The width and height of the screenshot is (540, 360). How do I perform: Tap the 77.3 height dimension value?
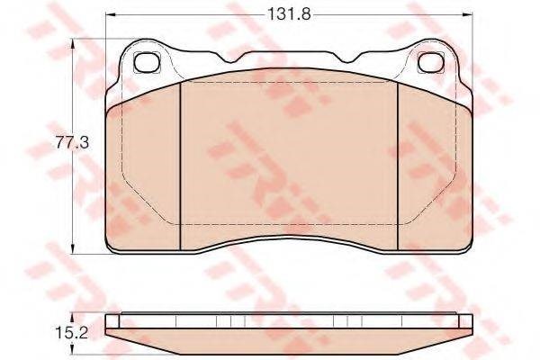pos(58,142)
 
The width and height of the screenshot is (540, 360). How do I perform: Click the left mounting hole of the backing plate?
pos(145,62)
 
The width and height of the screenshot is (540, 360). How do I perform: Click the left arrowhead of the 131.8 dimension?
pos(109,15)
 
